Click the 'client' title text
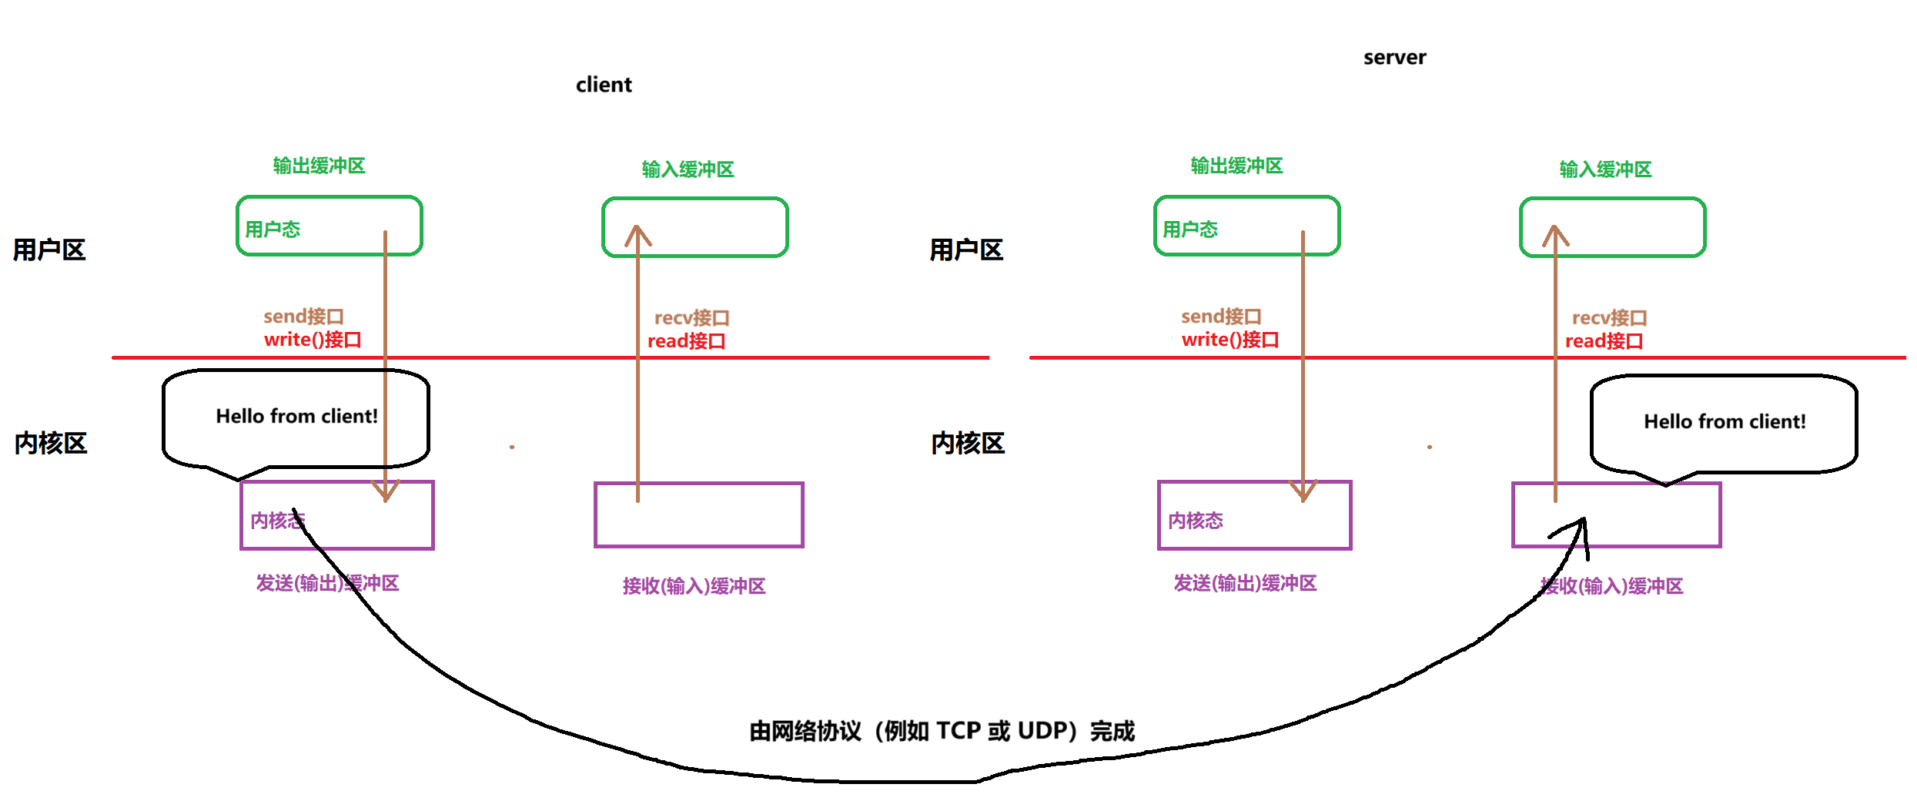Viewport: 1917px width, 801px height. (604, 85)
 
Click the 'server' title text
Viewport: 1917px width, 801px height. (1394, 58)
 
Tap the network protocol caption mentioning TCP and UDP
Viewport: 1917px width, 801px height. (942, 731)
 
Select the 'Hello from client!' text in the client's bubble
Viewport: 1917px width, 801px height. (296, 417)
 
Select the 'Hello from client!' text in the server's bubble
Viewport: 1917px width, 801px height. (1725, 422)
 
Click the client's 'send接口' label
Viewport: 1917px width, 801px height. (303, 317)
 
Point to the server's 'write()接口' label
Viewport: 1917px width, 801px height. (1229, 340)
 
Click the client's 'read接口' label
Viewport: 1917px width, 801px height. (686, 341)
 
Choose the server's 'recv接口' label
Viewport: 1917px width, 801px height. (1609, 318)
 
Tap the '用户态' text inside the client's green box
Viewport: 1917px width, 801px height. (273, 230)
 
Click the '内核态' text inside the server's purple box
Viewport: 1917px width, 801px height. (1196, 521)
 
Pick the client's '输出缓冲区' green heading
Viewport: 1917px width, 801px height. (319, 166)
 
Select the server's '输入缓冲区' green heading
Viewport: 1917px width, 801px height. (1605, 169)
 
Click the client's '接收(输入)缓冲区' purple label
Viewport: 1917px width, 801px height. (694, 587)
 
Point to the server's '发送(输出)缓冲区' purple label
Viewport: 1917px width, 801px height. (1245, 584)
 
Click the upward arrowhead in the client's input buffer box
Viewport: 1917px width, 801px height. (637, 233)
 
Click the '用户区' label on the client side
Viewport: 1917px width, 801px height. (49, 250)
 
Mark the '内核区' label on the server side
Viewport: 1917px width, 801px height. (968, 444)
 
